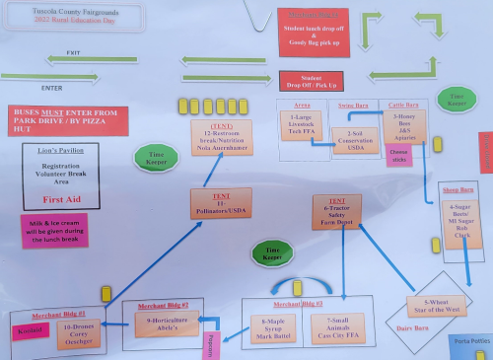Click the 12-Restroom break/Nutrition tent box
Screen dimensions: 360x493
pos(221,139)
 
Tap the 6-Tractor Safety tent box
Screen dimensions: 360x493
pos(336,211)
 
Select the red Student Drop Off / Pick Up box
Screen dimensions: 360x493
pos(312,81)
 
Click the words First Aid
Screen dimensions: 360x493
pos(66,197)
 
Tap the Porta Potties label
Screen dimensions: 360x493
pos(470,341)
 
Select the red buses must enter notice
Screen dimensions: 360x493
pos(65,120)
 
